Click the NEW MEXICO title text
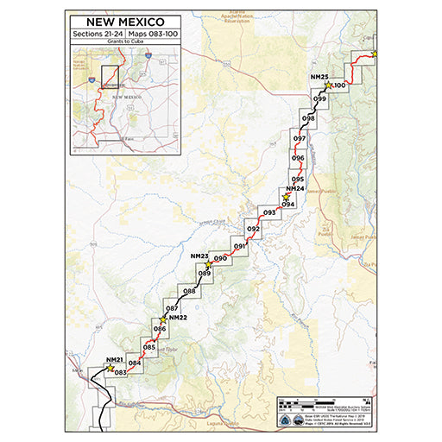[122, 21]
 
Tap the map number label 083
[121, 372]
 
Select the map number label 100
[339, 85]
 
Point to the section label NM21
[115, 359]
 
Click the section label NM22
[179, 318]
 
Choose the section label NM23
[199, 256]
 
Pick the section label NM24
[294, 188]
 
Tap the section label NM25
[319, 78]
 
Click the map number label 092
[253, 229]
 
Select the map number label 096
[298, 158]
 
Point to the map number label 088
[189, 291]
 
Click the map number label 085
[148, 347]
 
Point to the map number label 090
[220, 258]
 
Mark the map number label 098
[308, 118]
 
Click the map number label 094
[288, 204]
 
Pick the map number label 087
[171, 308]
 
